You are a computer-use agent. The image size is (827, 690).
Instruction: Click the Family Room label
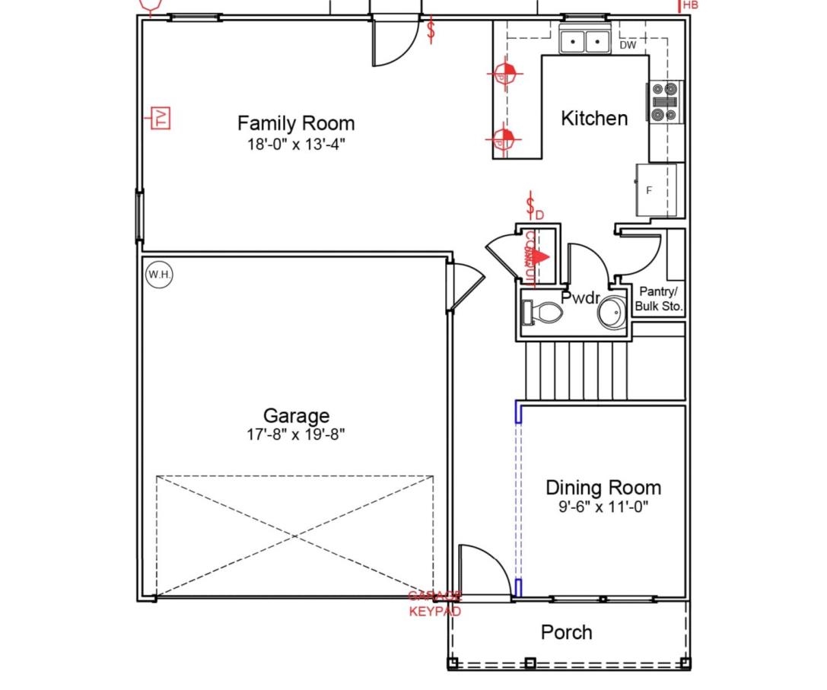[296, 123]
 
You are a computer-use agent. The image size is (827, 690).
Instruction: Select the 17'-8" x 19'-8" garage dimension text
[296, 434]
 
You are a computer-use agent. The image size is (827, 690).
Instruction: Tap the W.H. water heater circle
[158, 275]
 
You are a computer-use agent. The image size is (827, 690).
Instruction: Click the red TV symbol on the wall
[161, 118]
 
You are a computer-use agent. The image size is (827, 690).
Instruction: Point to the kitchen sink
[585, 41]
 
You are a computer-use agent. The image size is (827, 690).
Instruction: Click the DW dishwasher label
[628, 46]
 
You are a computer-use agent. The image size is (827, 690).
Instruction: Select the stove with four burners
[665, 100]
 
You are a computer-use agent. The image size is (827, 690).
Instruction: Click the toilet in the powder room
[542, 313]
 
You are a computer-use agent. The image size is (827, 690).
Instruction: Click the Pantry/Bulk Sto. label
[660, 300]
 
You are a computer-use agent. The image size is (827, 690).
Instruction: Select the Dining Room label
[603, 488]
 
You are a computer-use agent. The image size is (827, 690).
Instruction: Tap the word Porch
[566, 632]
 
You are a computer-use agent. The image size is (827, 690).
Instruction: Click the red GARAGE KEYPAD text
[434, 604]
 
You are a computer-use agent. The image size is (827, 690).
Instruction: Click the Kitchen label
[594, 119]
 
